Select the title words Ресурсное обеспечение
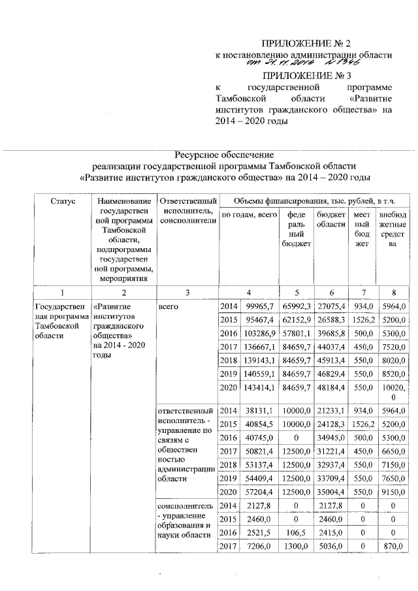click(x=216, y=154)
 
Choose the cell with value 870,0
click(x=392, y=547)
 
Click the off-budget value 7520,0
click(x=392, y=347)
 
